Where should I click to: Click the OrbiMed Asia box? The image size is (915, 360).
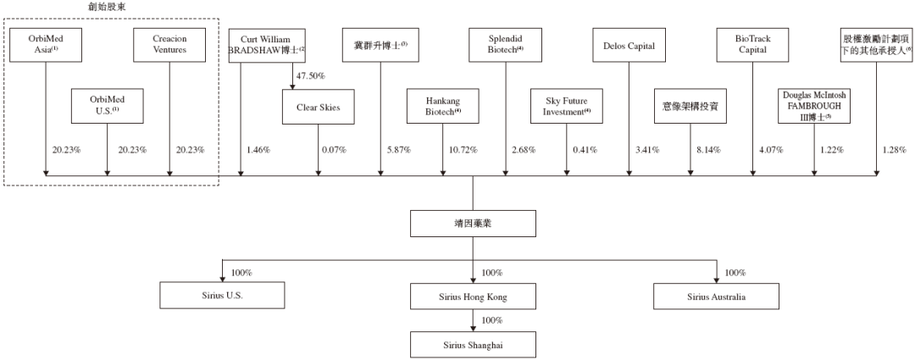pos(45,44)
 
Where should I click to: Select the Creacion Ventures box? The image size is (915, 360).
pos(169,44)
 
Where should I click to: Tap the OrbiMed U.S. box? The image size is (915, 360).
pos(107,106)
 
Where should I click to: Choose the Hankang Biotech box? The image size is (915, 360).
pos(443,106)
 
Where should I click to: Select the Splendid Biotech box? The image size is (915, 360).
pos(505,44)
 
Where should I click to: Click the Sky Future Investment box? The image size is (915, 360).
pos(567,106)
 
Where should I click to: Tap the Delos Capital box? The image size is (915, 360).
pos(629,44)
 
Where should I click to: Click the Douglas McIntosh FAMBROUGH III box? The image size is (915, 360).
pos(814,106)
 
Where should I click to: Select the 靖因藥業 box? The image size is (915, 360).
pos(473,224)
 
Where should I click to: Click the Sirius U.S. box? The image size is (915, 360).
pos(222,296)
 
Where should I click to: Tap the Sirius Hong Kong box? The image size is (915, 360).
pos(473,296)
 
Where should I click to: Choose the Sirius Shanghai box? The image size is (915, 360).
pos(473,344)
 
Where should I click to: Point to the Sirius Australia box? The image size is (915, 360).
pos(716,296)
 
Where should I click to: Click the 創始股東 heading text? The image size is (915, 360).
pos(101,7)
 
